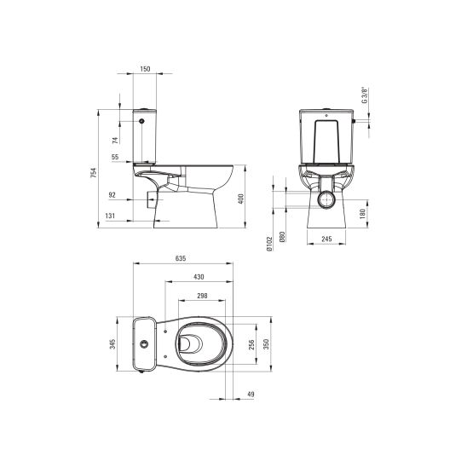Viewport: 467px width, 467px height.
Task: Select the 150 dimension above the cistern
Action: pos(146,68)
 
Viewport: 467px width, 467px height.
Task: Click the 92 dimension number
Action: pos(115,194)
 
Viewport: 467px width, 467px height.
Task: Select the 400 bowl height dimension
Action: pos(243,198)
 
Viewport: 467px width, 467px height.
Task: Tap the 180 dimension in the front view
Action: pos(364,212)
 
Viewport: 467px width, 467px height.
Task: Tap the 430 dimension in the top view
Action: pos(198,277)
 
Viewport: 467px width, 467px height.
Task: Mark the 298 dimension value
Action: pos(201,296)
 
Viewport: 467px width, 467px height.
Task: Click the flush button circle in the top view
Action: pos(146,345)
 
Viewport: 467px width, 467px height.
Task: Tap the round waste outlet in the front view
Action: pos(326,199)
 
